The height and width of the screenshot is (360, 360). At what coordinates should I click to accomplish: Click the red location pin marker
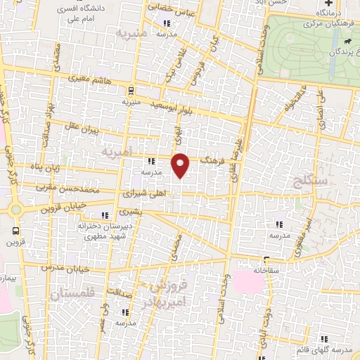pos(181,165)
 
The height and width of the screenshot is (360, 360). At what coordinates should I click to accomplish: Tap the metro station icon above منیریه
pos(130,89)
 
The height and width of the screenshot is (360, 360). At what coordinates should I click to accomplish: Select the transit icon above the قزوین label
pos(15,229)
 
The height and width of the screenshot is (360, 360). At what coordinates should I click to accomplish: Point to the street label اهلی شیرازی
pos(143,192)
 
